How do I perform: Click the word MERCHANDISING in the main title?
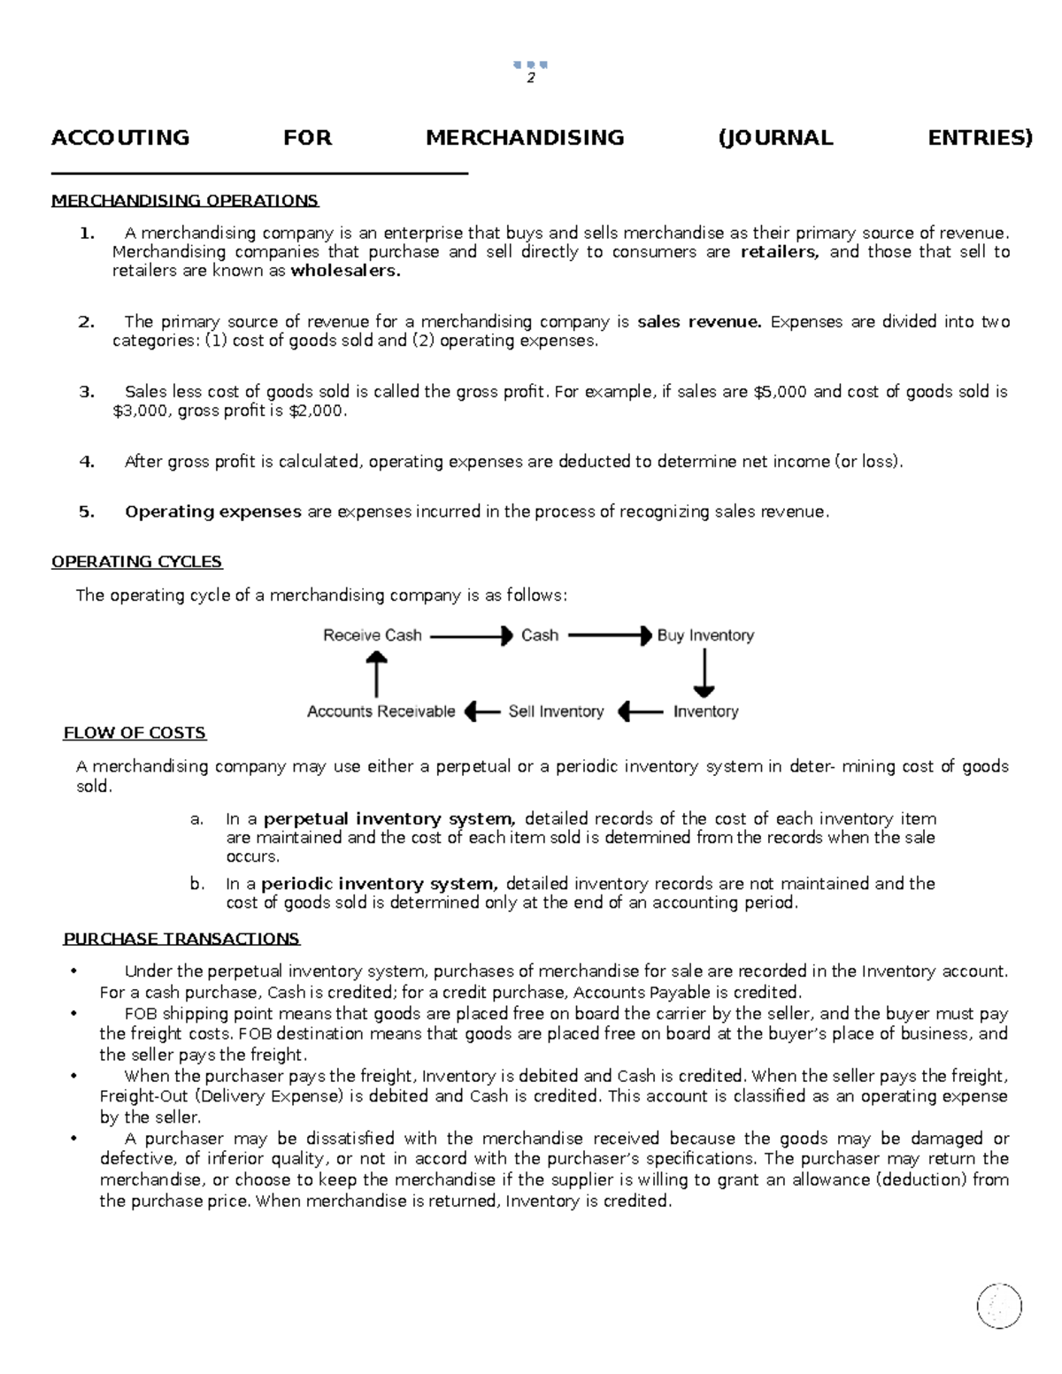click(x=525, y=138)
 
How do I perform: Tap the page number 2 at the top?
click(x=530, y=78)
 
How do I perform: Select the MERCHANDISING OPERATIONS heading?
click(x=185, y=201)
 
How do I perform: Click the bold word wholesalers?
click(x=345, y=271)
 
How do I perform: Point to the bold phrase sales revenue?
click(x=699, y=322)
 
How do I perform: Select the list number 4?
click(x=87, y=461)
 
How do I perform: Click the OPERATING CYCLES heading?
click(x=137, y=562)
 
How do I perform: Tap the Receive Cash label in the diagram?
click(x=372, y=635)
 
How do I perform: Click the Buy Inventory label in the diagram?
click(x=705, y=635)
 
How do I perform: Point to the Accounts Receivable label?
click(x=381, y=711)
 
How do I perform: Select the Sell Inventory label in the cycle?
click(x=556, y=711)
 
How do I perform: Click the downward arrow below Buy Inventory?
click(x=704, y=673)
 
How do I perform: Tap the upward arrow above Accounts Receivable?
click(x=377, y=673)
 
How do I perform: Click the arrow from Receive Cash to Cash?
click(x=471, y=635)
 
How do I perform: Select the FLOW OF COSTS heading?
click(x=135, y=733)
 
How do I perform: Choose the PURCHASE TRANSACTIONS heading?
click(x=181, y=939)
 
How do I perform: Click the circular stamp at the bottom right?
click(x=999, y=1306)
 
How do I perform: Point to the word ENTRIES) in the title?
click(x=980, y=138)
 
